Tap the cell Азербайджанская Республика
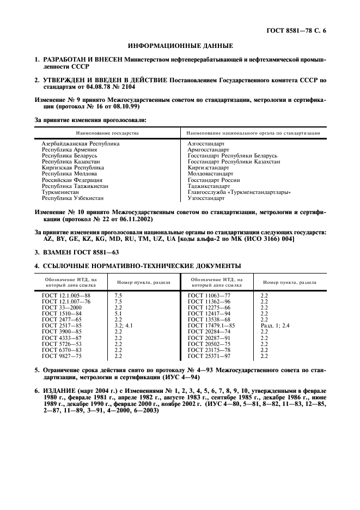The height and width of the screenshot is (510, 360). tap(81, 143)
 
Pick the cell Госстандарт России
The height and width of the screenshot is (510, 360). tap(213, 180)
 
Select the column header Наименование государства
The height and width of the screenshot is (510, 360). tap(107, 132)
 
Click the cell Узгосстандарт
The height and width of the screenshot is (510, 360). tap(206, 198)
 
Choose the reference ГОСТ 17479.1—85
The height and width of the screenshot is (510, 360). tap(211, 325)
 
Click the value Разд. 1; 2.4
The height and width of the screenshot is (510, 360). tap(275, 325)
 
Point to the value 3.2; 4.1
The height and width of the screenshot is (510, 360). tap(123, 325)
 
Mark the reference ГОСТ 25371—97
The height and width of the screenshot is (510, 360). tap(209, 356)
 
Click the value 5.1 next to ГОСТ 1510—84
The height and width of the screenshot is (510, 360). tap(118, 313)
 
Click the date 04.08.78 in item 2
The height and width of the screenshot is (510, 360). tap(97, 87)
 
